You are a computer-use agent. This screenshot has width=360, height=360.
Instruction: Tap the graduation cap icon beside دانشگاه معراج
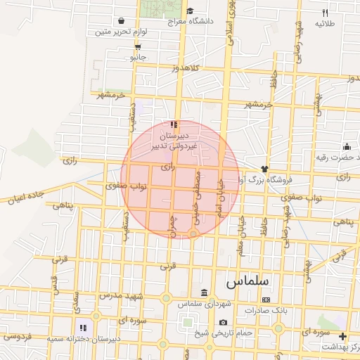[x=191, y=11]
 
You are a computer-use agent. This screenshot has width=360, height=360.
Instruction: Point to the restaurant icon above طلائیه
[x=325, y=13]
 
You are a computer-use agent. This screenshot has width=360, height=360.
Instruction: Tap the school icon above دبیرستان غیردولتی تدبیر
[x=174, y=124]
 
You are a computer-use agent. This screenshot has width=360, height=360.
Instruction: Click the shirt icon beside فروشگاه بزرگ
[x=264, y=169]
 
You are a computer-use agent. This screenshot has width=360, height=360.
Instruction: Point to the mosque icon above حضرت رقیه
[x=347, y=146]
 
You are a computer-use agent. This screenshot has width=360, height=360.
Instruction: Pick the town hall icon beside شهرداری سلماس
[x=204, y=292]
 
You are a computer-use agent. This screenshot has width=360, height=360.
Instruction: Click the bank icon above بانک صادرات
[x=266, y=300]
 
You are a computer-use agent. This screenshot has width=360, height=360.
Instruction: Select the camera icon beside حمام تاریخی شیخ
[x=223, y=322]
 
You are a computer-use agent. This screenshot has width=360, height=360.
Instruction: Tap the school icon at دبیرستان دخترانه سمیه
[x=83, y=328]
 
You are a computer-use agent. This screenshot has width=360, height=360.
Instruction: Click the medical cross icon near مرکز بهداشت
[x=342, y=336]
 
